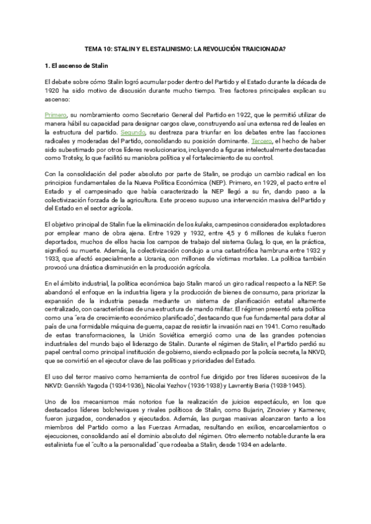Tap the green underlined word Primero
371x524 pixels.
pyautogui.click(x=56, y=115)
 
